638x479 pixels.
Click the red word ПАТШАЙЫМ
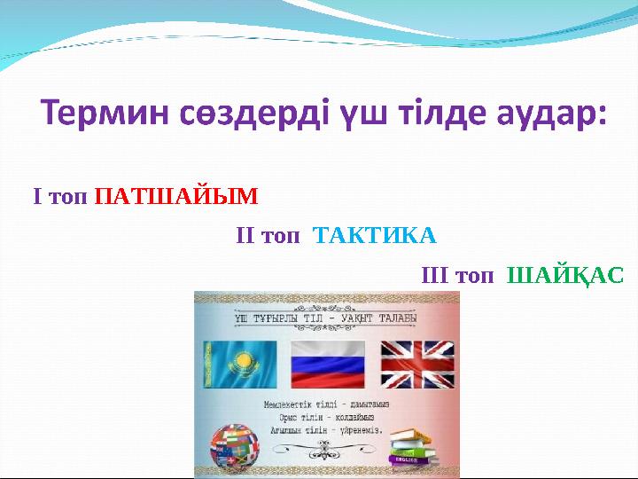pyautogui.click(x=175, y=195)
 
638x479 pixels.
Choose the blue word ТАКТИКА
pyautogui.click(x=376, y=236)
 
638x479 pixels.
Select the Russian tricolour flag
pyautogui.click(x=328, y=365)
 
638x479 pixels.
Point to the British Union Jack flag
pyautogui.click(x=417, y=365)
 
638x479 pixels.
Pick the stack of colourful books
pyautogui.click(x=414, y=447)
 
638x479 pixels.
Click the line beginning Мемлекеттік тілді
pyautogui.click(x=326, y=404)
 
